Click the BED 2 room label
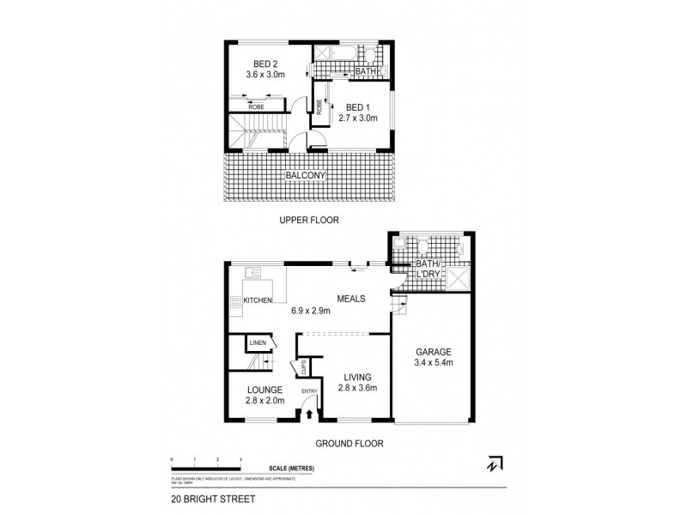(264, 64)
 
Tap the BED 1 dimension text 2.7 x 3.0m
(356, 119)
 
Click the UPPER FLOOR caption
(309, 221)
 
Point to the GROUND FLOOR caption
(347, 444)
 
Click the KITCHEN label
(258, 300)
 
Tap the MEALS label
(351, 299)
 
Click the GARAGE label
(434, 353)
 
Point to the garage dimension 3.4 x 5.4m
(434, 364)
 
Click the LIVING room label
(356, 377)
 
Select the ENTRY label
(309, 391)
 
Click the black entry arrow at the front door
(309, 415)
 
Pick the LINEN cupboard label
(258, 343)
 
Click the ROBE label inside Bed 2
(255, 107)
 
